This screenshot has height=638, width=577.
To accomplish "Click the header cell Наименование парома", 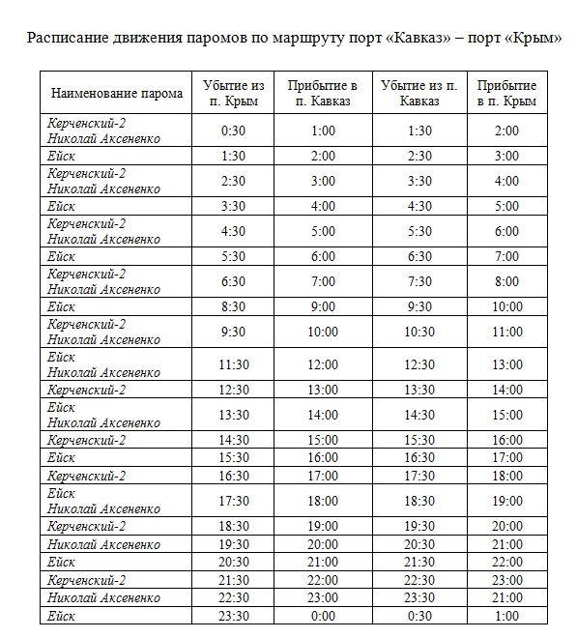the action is [116, 93].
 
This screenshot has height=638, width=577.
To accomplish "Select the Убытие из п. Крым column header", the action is [233, 93].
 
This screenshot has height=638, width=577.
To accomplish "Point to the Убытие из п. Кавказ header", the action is [419, 93].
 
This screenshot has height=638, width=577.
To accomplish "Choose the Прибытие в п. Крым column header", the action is [506, 93].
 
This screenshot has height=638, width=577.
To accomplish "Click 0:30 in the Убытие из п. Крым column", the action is [233, 130].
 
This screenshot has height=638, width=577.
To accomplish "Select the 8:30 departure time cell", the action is [233, 306].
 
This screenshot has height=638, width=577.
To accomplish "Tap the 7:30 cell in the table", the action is [419, 281].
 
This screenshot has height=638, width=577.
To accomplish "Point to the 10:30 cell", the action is [419, 332].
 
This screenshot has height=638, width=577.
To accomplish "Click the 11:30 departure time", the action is [233, 364].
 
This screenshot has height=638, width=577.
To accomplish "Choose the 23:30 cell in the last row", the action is [233, 616].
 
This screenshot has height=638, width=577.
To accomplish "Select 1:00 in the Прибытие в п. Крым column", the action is [506, 616].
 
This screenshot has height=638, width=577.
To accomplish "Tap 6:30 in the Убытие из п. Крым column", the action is [233, 281].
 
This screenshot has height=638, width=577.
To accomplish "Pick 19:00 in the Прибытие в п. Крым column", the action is [506, 501].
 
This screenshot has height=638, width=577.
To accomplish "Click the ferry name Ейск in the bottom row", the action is [61, 616].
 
